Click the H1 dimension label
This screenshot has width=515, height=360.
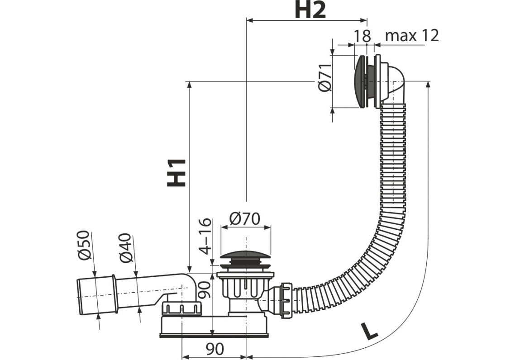176,173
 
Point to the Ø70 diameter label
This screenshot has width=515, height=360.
245,218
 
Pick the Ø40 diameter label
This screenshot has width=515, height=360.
125,248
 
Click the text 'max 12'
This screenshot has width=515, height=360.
412,35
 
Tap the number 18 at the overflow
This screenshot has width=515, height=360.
362,36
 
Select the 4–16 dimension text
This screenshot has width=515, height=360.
206,236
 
